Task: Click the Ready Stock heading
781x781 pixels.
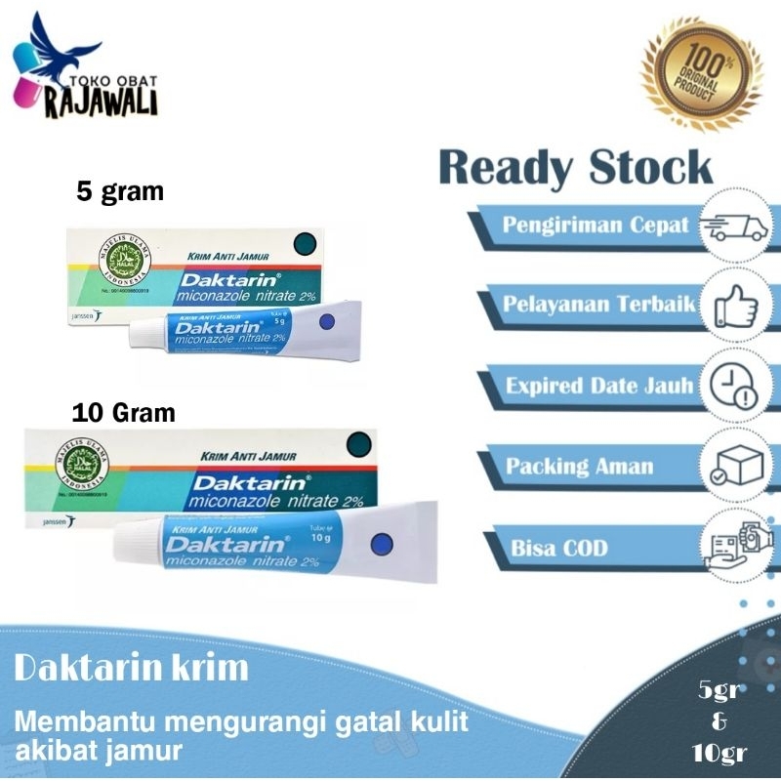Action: (576, 168)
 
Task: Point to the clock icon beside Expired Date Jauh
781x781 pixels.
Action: (732, 386)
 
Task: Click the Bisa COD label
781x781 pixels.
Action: (558, 548)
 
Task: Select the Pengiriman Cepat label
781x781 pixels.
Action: (596, 226)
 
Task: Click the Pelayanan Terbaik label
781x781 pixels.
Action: (598, 305)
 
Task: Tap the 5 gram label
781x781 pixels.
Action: (121, 191)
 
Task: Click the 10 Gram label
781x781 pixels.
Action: (124, 412)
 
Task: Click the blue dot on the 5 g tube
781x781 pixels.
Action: (327, 321)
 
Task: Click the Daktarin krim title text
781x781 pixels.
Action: (132, 670)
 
